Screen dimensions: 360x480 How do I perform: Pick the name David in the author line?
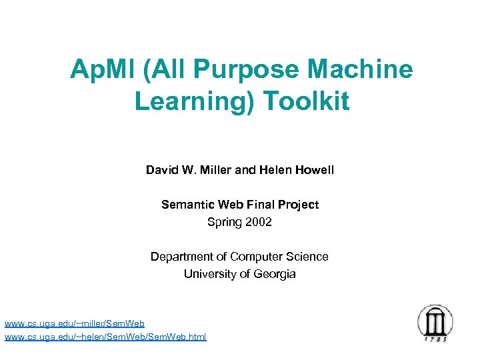tap(161, 170)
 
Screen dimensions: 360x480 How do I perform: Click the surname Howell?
tap(313, 170)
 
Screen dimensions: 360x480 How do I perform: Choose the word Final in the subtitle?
tap(255, 205)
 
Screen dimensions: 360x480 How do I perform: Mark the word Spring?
tap(224, 222)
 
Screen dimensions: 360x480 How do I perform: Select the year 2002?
tap(258, 222)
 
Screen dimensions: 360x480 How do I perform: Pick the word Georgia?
tap(273, 274)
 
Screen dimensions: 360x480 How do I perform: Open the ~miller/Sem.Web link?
tap(75, 324)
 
